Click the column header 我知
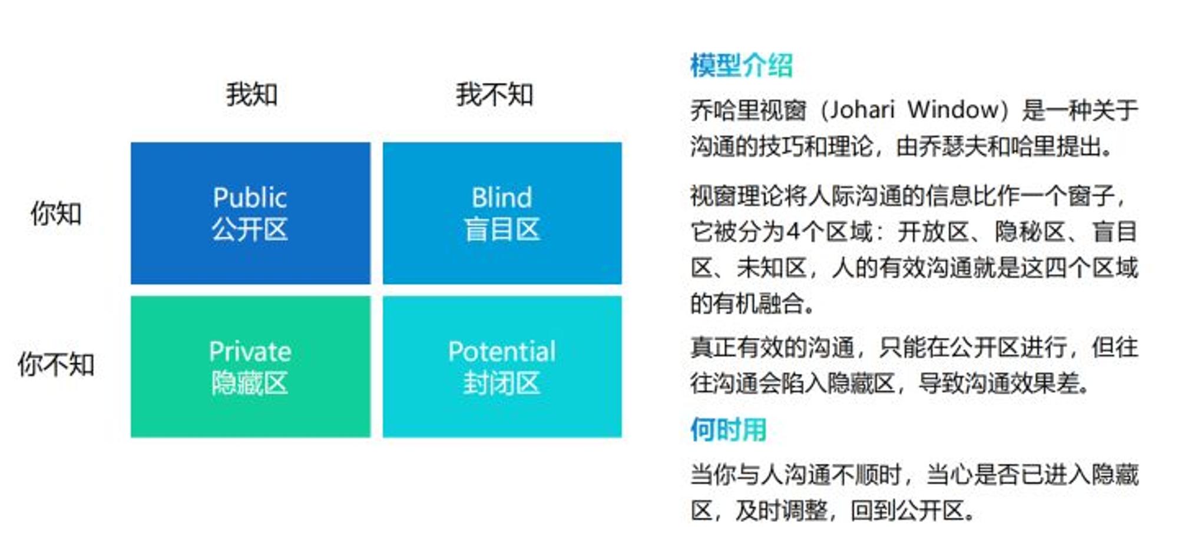[252, 94]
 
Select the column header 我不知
[494, 94]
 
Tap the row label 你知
[56, 213]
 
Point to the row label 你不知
[56, 364]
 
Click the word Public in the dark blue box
[250, 198]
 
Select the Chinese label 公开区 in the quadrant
[250, 229]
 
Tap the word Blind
[501, 198]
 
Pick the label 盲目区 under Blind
[501, 229]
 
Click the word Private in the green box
[250, 351]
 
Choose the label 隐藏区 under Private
[250, 383]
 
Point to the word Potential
[501, 351]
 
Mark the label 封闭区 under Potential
[501, 383]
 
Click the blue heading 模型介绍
[742, 65]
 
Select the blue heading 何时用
[729, 430]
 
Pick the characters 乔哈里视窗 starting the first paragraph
[748, 110]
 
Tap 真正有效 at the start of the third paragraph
[736, 348]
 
